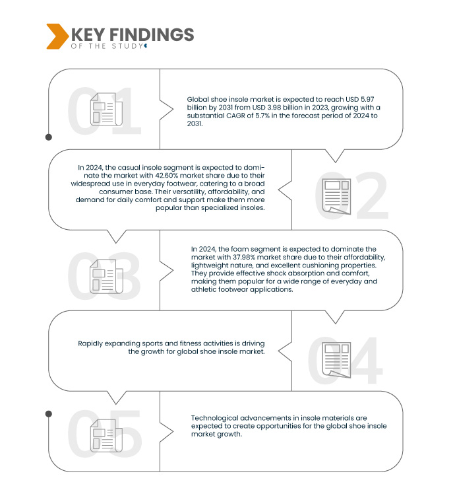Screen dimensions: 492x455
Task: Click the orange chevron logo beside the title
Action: tap(56, 36)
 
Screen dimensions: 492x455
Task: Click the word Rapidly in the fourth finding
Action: tap(93, 343)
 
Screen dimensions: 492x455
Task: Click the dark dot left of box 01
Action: tap(48, 137)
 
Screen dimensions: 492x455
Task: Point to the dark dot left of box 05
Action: tap(48, 414)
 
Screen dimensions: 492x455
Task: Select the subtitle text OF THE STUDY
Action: tap(106, 46)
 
